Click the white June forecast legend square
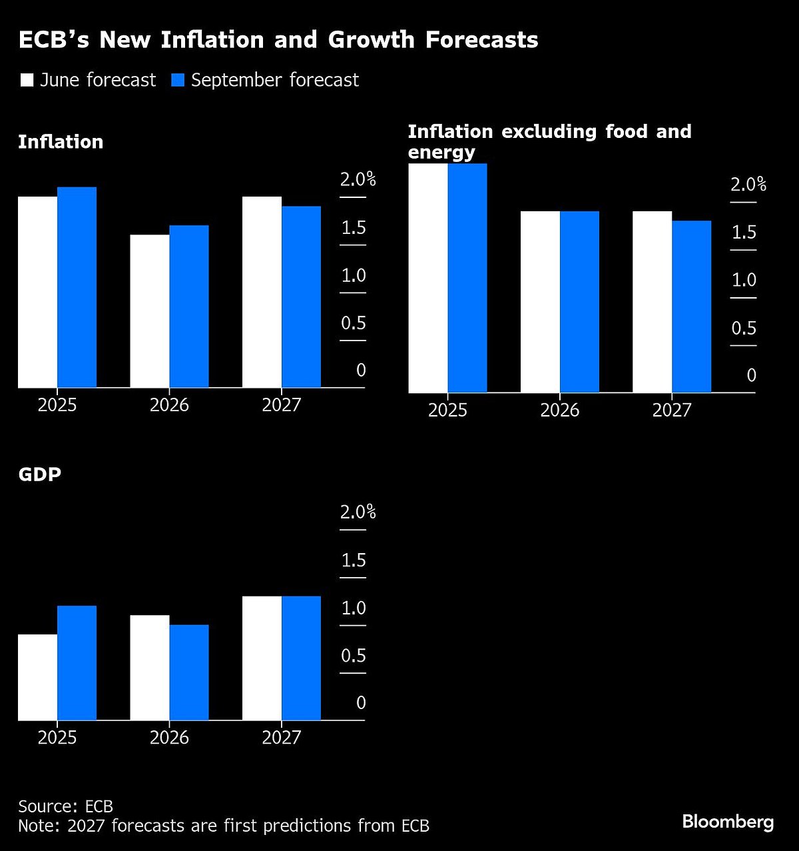click(x=27, y=81)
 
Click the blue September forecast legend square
click(x=178, y=81)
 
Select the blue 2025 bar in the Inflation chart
click(x=77, y=287)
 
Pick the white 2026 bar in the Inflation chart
click(x=150, y=311)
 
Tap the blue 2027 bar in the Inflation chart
click(x=301, y=297)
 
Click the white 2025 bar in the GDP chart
click(x=38, y=677)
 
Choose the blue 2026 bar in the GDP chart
click(x=189, y=672)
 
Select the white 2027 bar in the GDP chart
click(x=262, y=658)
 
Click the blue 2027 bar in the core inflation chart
click(x=691, y=307)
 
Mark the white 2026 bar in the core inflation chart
click(x=540, y=302)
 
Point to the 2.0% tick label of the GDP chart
click(x=358, y=512)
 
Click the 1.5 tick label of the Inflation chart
click(x=354, y=228)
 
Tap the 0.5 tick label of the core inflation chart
click(x=744, y=328)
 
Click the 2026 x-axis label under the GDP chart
click(x=169, y=738)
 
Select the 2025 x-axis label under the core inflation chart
click(x=447, y=410)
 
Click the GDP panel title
click(x=39, y=474)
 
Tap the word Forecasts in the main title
click(x=481, y=40)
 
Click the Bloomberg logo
click(x=728, y=822)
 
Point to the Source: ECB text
click(x=65, y=806)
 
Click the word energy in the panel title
click(x=441, y=152)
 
